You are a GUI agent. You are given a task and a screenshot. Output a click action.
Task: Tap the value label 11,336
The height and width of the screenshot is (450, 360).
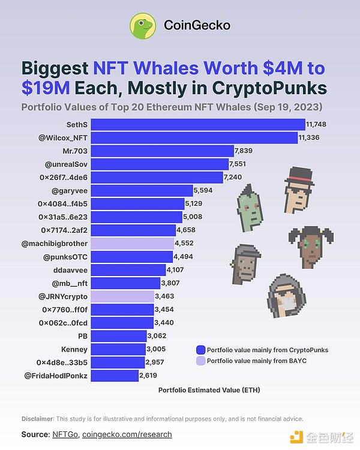pos(311,137)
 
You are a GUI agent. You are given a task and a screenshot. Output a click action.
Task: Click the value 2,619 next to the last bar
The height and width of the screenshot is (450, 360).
pos(148,376)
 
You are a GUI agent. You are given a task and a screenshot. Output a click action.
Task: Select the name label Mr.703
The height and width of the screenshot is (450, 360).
pos(75,151)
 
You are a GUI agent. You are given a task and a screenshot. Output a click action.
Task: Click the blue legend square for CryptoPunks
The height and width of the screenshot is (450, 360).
pos(201,350)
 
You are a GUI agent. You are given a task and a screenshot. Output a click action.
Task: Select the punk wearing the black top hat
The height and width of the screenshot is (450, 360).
pos(298,190)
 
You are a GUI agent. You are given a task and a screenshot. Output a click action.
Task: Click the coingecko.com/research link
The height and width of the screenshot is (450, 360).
pos(127,434)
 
